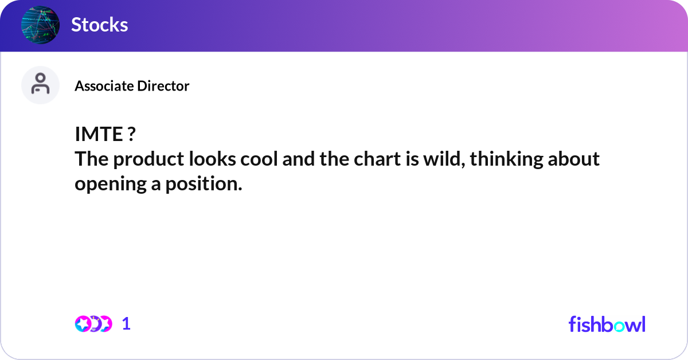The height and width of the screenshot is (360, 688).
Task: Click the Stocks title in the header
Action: point(100,25)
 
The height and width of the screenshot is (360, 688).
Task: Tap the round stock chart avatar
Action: point(40,25)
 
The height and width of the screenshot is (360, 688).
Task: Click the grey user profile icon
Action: point(40,85)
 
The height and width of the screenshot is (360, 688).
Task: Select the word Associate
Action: point(104,86)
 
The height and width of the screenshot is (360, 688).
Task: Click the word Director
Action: point(163,86)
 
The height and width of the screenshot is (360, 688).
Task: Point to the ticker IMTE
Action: point(99,134)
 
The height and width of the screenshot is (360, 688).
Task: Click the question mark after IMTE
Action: point(131,134)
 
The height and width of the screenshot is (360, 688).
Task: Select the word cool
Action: point(259,159)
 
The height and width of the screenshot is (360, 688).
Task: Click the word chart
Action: point(377,159)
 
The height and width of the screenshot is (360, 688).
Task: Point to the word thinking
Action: point(506,160)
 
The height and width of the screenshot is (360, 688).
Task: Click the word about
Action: point(574,159)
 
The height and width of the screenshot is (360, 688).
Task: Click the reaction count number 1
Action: point(126,324)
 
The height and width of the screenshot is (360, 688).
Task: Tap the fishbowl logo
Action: point(607,324)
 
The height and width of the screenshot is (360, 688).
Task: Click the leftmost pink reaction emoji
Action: point(83,324)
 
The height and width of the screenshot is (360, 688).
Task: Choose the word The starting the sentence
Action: point(92,159)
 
